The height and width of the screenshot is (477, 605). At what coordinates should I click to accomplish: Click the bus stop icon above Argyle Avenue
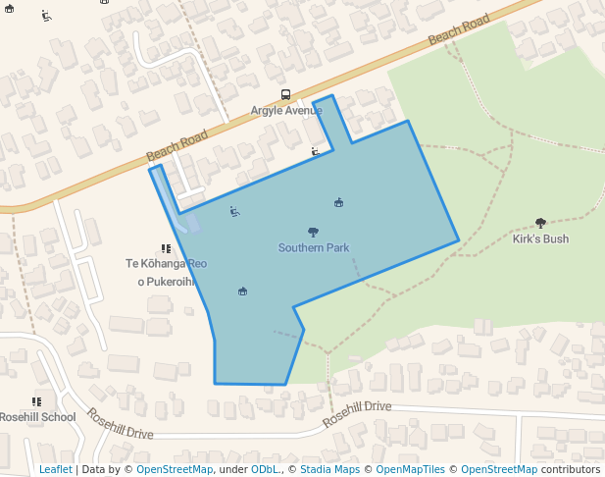pyautogui.click(x=285, y=95)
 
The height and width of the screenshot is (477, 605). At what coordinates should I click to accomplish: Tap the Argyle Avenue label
pyautogui.click(x=286, y=110)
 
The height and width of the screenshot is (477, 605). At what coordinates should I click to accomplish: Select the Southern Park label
pyautogui.click(x=314, y=248)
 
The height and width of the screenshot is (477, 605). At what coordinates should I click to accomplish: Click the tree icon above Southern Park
pyautogui.click(x=313, y=233)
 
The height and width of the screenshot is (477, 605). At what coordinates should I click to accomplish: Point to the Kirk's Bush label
pyautogui.click(x=540, y=238)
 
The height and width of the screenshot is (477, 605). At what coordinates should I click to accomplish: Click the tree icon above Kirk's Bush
pyautogui.click(x=540, y=223)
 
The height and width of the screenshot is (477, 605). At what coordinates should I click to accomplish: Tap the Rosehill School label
pyautogui.click(x=37, y=417)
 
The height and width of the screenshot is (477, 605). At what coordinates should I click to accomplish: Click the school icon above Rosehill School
pyautogui.click(x=36, y=401)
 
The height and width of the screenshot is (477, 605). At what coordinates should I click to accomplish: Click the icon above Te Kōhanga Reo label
pyautogui.click(x=166, y=248)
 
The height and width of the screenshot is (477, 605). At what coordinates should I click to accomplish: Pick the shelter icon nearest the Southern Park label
pyautogui.click(x=338, y=202)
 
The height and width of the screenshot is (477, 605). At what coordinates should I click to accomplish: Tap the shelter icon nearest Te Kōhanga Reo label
pyautogui.click(x=242, y=291)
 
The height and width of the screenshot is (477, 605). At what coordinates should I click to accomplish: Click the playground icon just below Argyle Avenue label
pyautogui.click(x=315, y=151)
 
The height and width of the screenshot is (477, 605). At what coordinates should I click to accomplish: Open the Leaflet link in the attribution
pyautogui.click(x=56, y=469)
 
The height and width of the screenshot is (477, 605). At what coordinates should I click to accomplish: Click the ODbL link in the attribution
pyautogui.click(x=265, y=469)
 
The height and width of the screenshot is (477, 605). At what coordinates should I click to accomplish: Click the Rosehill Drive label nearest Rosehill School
pyautogui.click(x=121, y=424)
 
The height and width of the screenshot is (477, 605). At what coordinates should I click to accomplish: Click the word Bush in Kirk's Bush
pyautogui.click(x=554, y=238)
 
